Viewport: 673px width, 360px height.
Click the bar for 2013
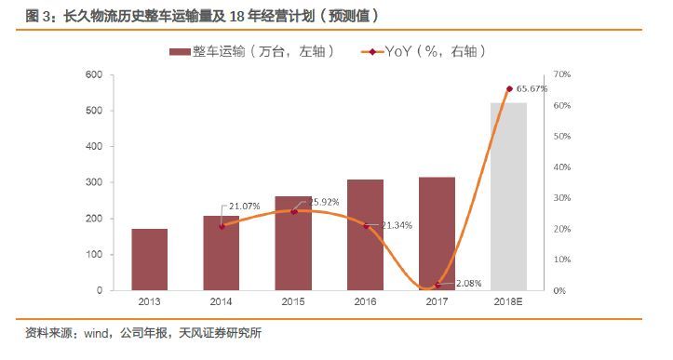click(x=149, y=260)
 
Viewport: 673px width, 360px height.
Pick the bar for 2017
click(x=437, y=233)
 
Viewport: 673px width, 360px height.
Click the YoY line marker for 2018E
click(x=509, y=88)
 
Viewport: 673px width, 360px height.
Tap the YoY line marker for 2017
click(x=437, y=286)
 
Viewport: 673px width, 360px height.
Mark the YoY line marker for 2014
click(x=222, y=226)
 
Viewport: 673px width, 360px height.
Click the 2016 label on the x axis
click(x=365, y=303)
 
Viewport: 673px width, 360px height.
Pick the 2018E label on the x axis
click(x=508, y=303)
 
